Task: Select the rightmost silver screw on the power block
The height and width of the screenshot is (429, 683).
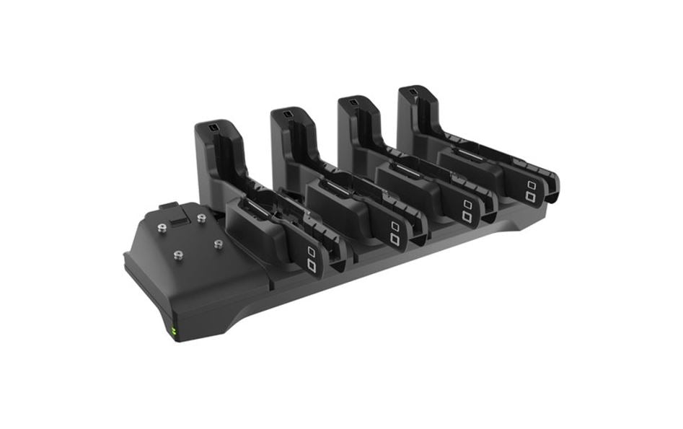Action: [x=217, y=244]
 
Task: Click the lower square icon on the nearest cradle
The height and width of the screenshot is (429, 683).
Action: [x=312, y=265]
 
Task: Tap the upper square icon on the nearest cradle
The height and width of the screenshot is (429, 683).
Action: [x=311, y=251]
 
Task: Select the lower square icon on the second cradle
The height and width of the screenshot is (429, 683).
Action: [x=395, y=238]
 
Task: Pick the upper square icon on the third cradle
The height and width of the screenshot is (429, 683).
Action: [x=467, y=204]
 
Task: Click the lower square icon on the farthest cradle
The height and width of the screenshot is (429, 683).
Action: [x=531, y=196]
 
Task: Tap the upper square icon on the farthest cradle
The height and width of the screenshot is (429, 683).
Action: [x=530, y=185]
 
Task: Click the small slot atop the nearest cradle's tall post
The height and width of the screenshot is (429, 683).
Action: [x=216, y=128]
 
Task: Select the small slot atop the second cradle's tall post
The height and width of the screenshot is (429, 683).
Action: [x=287, y=114]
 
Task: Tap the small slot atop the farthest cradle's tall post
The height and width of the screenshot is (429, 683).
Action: [x=412, y=92]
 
